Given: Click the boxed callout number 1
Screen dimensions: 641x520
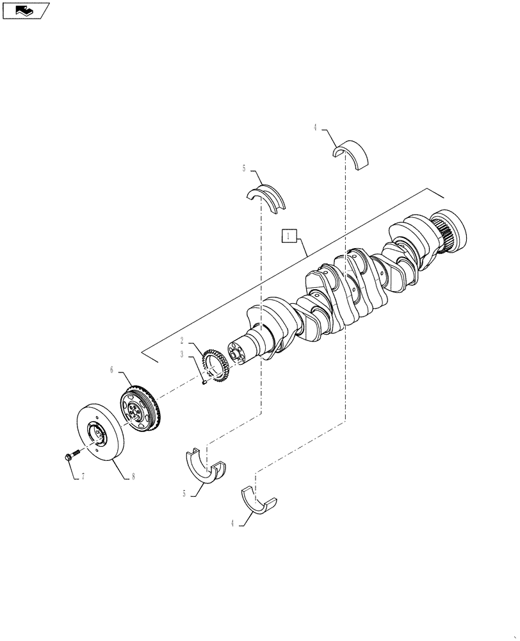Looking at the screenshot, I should (289, 237).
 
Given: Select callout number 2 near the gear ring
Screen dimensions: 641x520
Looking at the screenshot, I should (182, 340).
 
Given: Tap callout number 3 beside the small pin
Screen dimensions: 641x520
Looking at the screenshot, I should (182, 353).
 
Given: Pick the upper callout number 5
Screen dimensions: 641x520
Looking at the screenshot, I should (244, 169).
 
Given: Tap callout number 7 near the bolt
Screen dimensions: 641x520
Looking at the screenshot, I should (81, 477).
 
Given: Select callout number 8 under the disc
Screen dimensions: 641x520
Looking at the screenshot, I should (133, 476).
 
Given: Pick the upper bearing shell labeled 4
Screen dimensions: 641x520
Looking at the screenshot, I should (353, 154).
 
